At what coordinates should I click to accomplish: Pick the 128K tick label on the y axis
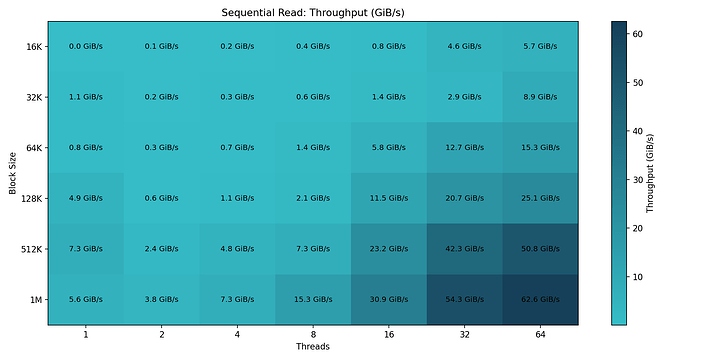pos(30,198)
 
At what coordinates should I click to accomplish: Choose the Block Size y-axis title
pos(12,173)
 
